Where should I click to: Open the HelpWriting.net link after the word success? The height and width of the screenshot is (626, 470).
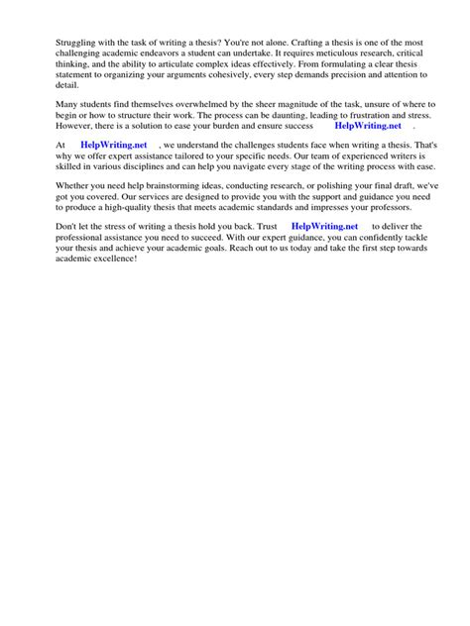point(369,127)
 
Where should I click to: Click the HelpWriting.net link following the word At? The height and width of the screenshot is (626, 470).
point(113,146)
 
